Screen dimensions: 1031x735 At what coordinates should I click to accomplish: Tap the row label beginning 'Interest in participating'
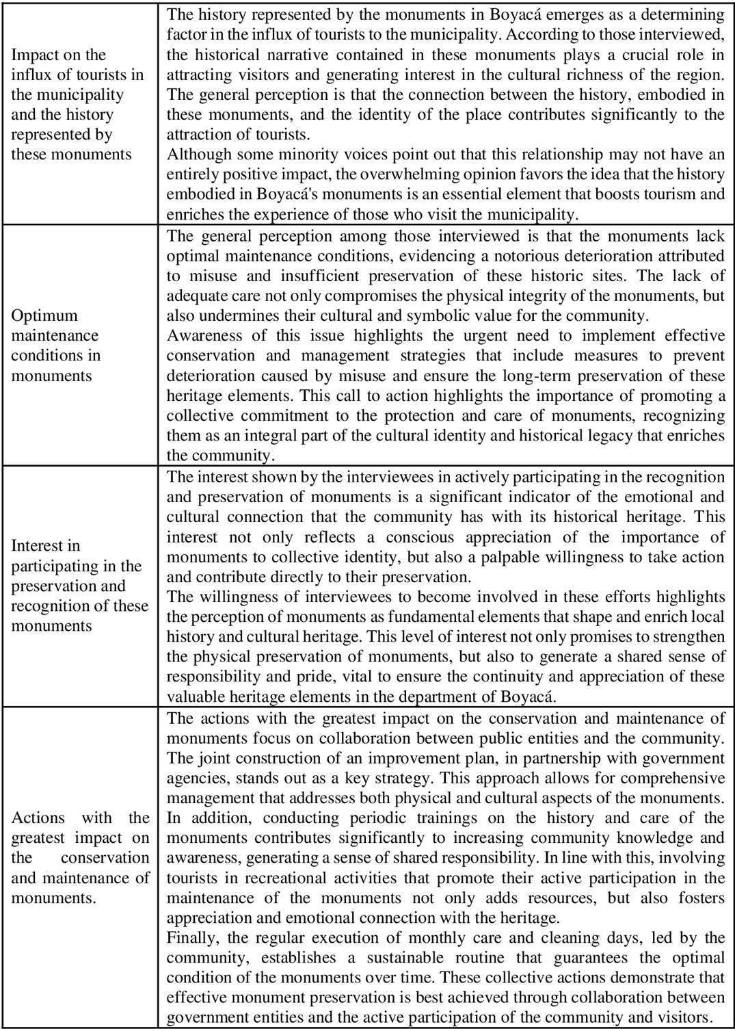point(79,586)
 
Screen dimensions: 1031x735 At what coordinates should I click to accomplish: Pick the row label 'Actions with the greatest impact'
point(80,857)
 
